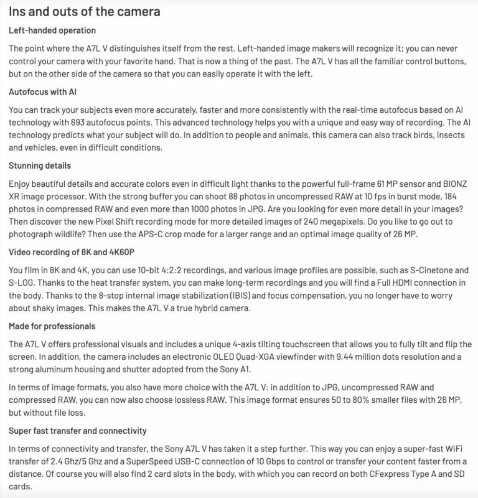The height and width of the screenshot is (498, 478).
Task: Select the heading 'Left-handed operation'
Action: click(53, 31)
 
